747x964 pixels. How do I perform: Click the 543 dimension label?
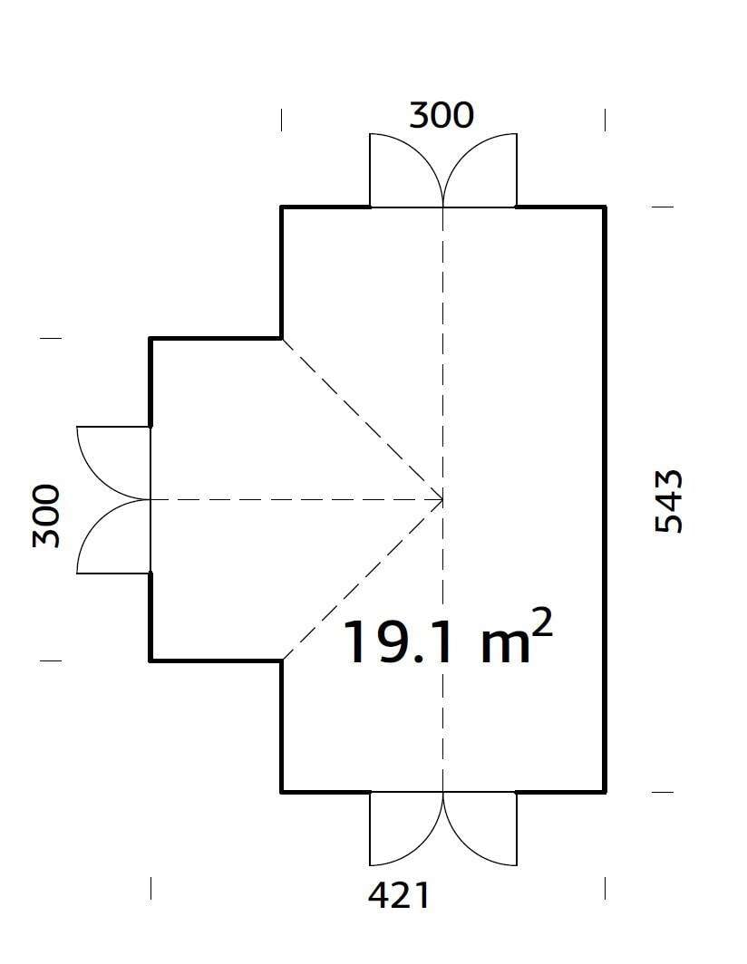point(668,501)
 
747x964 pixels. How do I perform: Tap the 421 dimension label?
point(398,895)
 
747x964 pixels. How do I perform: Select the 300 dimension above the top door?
point(441,116)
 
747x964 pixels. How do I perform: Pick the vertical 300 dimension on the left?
point(46,516)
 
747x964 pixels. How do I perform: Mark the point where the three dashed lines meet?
point(442,499)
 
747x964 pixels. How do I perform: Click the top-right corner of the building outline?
point(605,207)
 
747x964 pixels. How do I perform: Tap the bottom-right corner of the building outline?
point(605,792)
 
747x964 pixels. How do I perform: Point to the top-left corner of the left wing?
point(150,339)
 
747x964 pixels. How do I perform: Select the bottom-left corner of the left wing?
point(150,660)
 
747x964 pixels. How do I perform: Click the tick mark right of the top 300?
point(605,120)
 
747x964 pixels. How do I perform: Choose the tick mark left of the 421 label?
point(150,888)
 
